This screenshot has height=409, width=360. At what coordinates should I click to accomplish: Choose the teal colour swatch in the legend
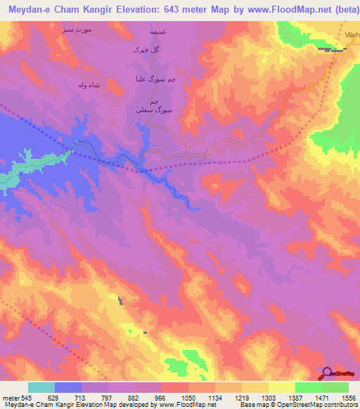point(41,387)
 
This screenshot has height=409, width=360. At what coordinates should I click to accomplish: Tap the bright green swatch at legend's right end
point(335,387)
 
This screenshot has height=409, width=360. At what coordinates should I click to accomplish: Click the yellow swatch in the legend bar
point(281,387)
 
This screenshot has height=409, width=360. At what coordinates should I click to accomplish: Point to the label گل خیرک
point(148,51)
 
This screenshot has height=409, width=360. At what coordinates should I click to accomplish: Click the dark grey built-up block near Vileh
point(332,49)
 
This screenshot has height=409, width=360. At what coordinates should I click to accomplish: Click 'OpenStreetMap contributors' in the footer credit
point(323,404)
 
